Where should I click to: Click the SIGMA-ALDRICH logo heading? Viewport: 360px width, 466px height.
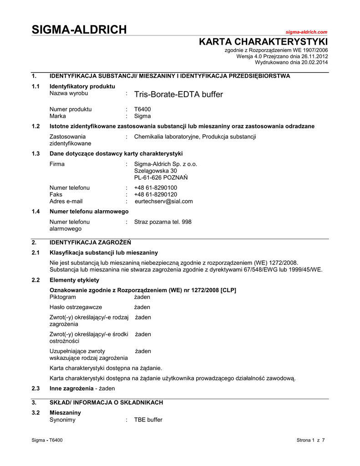click(79, 30)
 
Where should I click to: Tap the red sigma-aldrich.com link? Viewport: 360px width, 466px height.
click(306, 32)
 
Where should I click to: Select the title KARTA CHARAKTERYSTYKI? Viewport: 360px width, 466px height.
click(264, 42)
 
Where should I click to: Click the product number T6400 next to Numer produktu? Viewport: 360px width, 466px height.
click(142, 109)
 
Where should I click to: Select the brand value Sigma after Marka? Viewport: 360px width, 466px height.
click(142, 116)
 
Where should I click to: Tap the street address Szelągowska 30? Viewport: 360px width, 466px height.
click(155, 171)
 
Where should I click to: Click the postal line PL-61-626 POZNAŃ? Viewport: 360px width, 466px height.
click(161, 177)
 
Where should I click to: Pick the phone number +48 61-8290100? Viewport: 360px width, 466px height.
click(156, 187)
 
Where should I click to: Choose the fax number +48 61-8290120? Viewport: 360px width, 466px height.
click(156, 194)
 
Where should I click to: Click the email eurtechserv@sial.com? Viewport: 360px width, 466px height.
click(164, 201)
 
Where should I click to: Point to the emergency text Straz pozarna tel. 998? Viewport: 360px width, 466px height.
click(162, 222)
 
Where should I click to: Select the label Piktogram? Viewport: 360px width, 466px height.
click(62, 297)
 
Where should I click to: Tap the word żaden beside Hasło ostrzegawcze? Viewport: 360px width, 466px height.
click(142, 307)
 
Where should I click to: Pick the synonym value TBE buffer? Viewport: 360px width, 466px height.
click(148, 420)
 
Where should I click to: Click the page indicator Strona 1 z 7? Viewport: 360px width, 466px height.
click(310, 440)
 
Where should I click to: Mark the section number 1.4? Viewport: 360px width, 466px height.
click(35, 212)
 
